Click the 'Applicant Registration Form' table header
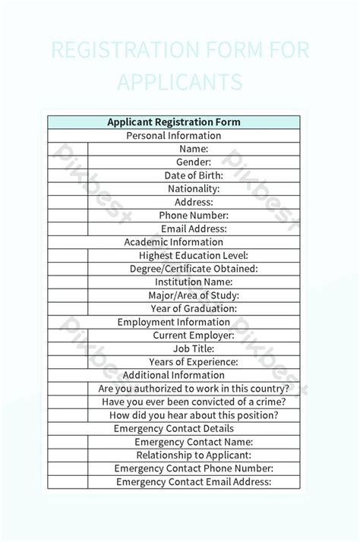[x=173, y=122]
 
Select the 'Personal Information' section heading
[x=173, y=136]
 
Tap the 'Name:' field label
[x=194, y=149]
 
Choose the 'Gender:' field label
[x=194, y=162]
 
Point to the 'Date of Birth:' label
[x=194, y=175]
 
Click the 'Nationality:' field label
[x=194, y=189]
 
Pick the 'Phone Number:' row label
[x=194, y=216]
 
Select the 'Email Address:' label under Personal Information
[x=194, y=228]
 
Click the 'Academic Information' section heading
[x=173, y=242]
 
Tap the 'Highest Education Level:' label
[x=194, y=255]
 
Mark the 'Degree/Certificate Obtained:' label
[x=194, y=269]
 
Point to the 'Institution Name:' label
[x=194, y=282]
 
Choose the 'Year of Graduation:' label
[x=194, y=308]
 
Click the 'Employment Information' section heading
[x=173, y=322]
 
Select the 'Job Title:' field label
[x=194, y=348]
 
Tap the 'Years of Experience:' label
[x=194, y=361]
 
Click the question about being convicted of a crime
[x=194, y=402]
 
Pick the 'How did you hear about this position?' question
[x=194, y=415]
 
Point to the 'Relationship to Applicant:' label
[x=194, y=455]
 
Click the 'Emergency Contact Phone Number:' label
[x=194, y=468]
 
